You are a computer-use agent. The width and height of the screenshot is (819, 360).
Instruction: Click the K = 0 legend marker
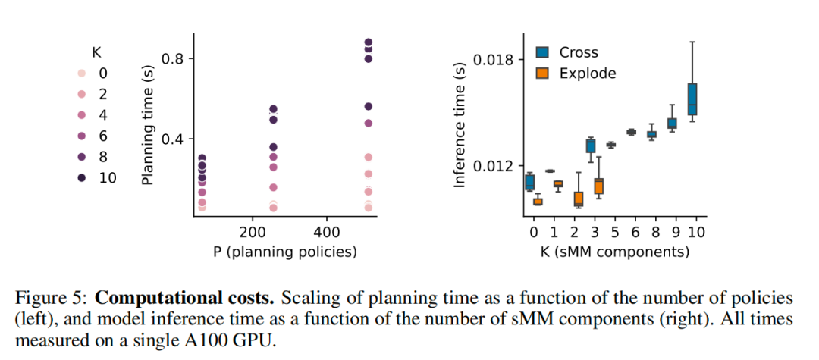(82, 74)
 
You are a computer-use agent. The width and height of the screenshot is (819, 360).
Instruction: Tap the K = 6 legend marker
(82, 136)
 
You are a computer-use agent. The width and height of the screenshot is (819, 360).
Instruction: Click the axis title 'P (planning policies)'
(284, 252)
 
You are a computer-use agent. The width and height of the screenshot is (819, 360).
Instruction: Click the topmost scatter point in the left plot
(369, 42)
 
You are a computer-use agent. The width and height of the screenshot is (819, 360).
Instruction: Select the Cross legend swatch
(543, 52)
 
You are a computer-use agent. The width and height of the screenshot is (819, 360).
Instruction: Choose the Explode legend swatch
(543, 74)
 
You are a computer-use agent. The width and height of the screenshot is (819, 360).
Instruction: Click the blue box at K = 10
(692, 99)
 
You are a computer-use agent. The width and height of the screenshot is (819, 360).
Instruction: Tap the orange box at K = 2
(578, 199)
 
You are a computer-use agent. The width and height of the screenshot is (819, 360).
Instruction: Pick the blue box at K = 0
(529, 182)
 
